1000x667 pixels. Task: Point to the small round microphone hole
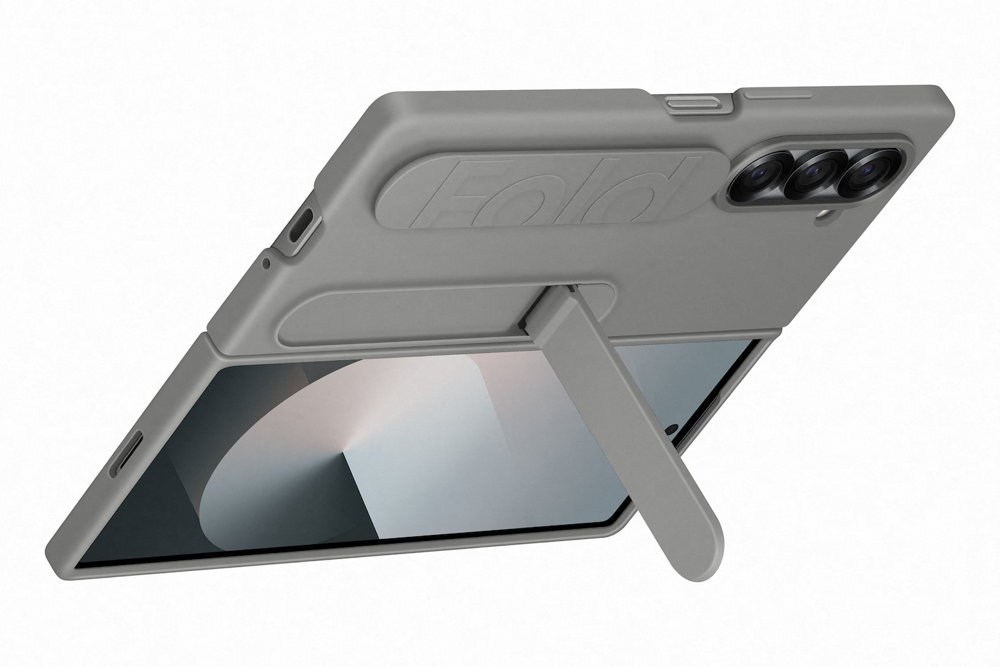click(266, 263)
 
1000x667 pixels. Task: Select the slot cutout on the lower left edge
click(127, 454)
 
